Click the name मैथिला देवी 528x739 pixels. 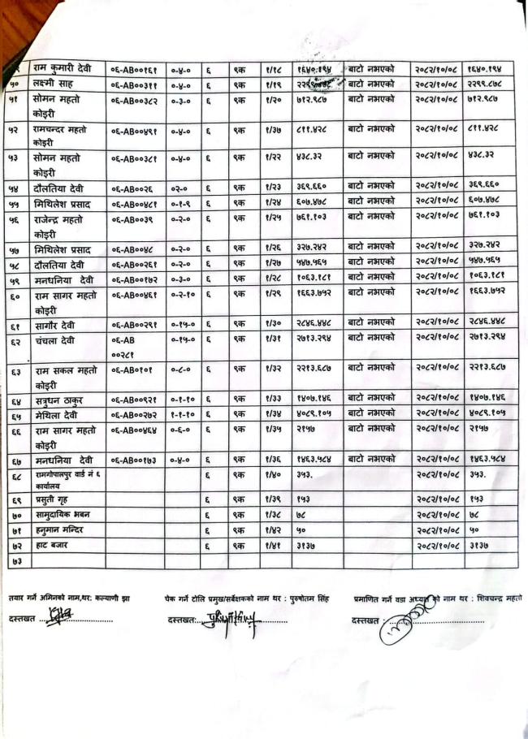coord(55,414)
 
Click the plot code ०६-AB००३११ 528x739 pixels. coord(133,84)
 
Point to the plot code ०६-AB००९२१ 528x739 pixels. coord(134,400)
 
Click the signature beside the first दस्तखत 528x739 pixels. coord(55,618)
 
